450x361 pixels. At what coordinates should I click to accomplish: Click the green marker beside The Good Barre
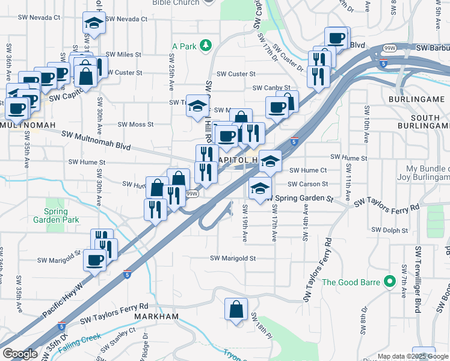[x=390, y=281]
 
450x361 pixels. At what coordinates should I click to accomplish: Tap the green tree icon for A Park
[x=206, y=45]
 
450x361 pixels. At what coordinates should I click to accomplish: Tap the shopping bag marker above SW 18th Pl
[x=236, y=309]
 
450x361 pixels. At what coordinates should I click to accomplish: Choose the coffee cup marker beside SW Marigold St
[x=94, y=261]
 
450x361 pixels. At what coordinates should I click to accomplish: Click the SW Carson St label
[x=307, y=184]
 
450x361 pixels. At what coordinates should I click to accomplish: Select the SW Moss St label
[x=135, y=125]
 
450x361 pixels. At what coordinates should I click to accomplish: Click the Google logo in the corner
[x=20, y=354]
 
